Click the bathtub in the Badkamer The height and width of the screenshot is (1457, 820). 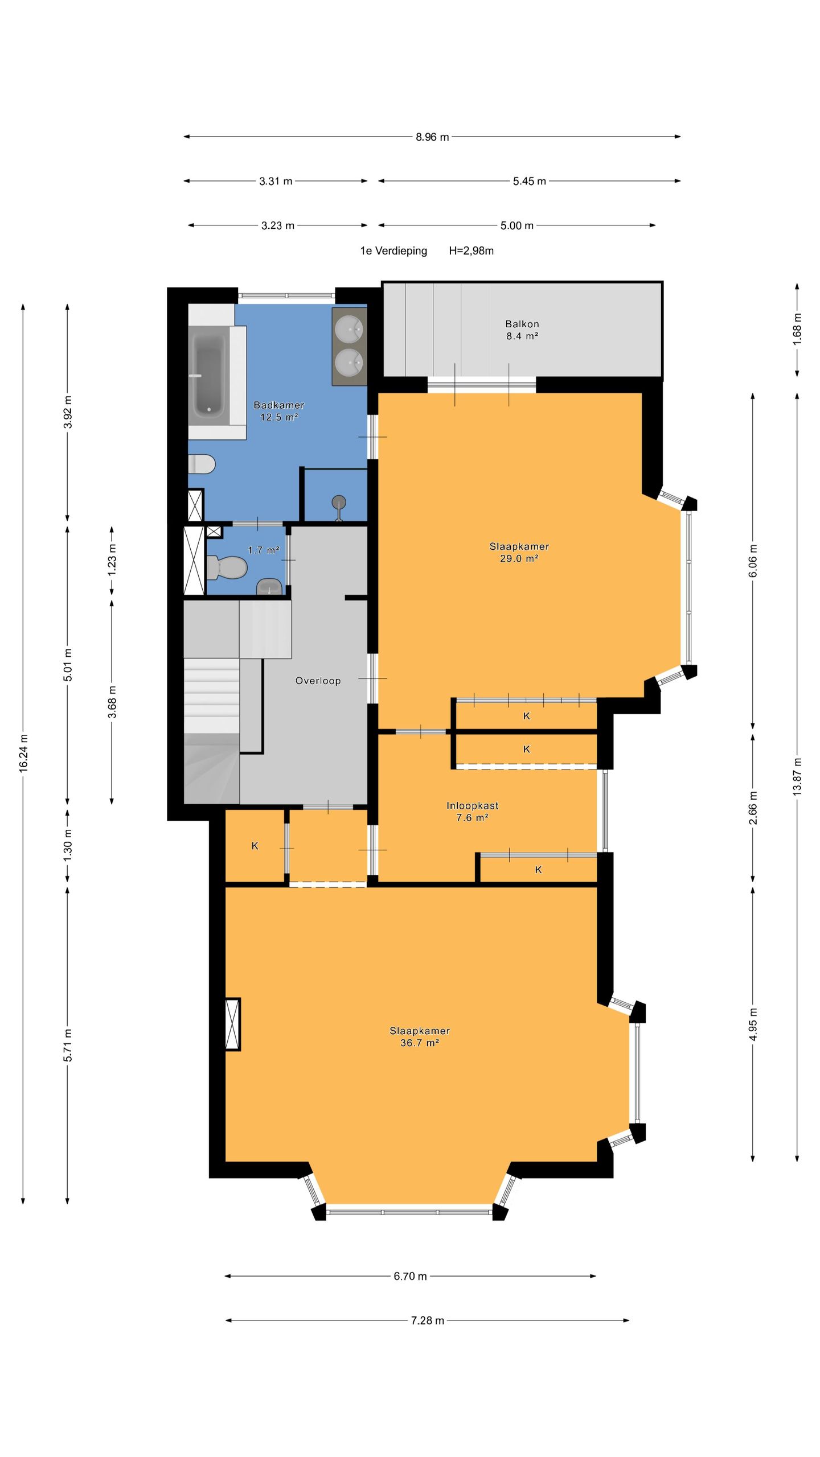coord(210,374)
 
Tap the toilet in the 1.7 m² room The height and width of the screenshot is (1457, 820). coord(227,567)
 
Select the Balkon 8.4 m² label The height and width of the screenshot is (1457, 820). coord(522,330)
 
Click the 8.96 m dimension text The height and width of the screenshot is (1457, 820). coord(432,137)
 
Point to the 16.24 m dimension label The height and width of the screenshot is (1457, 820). coord(23,753)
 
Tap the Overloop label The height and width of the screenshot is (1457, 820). coord(318,681)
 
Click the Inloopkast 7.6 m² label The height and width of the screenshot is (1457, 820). coord(472,812)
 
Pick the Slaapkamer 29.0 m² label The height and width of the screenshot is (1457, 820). coord(519,552)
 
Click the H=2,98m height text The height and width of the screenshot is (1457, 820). coord(471,250)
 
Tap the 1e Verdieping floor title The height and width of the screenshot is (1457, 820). coord(393,250)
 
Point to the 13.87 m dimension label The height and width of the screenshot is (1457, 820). coord(797,776)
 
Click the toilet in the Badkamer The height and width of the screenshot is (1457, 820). coord(202,464)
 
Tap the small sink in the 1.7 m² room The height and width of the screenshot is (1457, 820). coord(269,586)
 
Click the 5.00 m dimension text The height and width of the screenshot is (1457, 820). coord(517,225)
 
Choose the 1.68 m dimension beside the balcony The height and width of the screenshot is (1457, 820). coord(797,329)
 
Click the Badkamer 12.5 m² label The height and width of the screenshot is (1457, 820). coord(279,410)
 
